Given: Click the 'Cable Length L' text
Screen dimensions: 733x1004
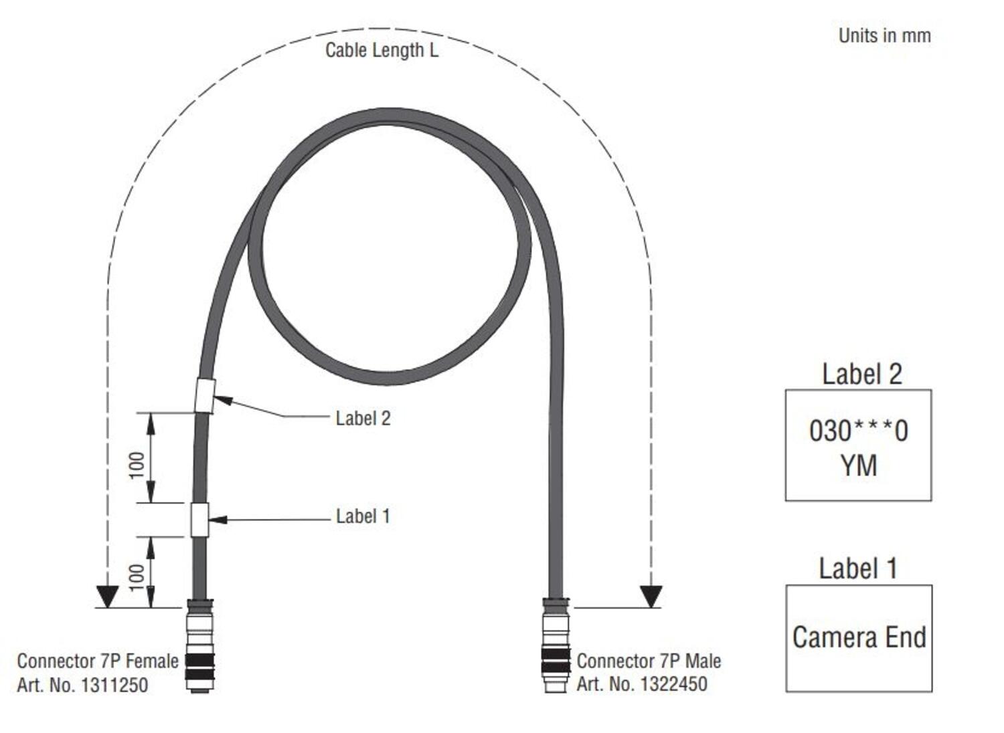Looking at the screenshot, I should click(x=382, y=50).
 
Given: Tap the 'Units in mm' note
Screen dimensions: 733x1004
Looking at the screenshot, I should click(x=884, y=35).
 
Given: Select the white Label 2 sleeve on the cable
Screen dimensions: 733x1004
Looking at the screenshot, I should click(x=205, y=395).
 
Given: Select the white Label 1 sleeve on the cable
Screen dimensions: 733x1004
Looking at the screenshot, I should click(x=199, y=520).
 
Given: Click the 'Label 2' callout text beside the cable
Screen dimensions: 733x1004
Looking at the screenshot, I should click(x=363, y=419).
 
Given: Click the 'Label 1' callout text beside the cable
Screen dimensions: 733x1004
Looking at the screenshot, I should click(x=363, y=516).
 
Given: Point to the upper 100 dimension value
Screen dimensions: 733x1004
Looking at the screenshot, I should click(x=137, y=465).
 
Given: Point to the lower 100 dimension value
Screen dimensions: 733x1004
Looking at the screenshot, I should click(x=137, y=577).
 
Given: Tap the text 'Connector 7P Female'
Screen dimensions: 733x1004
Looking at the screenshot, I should click(x=98, y=661).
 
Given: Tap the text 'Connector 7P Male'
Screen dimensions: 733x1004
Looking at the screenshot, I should click(x=649, y=661).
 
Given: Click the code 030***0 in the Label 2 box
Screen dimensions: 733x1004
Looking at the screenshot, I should click(x=858, y=431).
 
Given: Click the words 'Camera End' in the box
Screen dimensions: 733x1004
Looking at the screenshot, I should click(x=859, y=637).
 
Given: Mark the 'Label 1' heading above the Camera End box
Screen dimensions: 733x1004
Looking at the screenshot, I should click(x=857, y=568).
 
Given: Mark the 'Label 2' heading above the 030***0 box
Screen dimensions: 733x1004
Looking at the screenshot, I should click(x=861, y=375).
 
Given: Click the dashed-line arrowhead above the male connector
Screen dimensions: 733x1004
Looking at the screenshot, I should click(x=651, y=596).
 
